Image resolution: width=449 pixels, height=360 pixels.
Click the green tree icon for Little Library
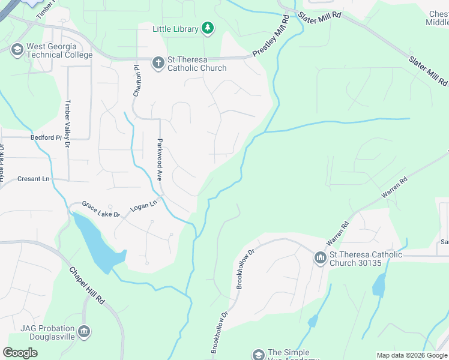pyautogui.click(x=207, y=28)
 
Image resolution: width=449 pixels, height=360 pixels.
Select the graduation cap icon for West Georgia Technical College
pyautogui.click(x=17, y=49)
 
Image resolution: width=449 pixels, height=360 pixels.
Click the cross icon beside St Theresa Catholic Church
pyautogui.click(x=158, y=62)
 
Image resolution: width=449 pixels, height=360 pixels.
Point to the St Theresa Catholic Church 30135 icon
pyautogui.click(x=320, y=258)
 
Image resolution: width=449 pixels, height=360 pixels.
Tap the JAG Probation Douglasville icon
pyautogui.click(x=84, y=332)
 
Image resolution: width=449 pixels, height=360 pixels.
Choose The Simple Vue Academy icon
pyautogui.click(x=258, y=355)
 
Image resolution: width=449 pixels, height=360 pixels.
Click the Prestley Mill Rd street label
pyautogui.click(x=271, y=36)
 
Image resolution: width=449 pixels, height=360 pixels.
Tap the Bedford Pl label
pyautogui.click(x=46, y=137)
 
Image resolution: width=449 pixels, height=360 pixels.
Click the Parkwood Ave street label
pyautogui.click(x=160, y=152)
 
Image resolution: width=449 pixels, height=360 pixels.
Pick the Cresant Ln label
pyautogui.click(x=32, y=179)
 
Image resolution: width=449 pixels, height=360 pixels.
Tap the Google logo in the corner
pyautogui.click(x=20, y=353)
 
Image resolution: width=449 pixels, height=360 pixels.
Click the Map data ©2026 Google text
pyautogui.click(x=412, y=355)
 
